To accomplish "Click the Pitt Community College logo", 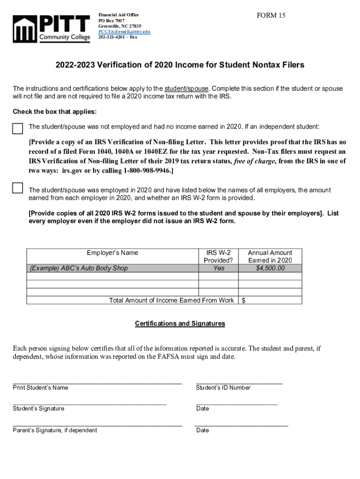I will pyautogui.click(x=51, y=29).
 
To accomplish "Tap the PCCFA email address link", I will pyautogui.click(x=124, y=32).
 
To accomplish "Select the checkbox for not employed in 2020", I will pyautogui.click(x=18, y=129).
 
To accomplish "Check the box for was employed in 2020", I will pyautogui.click(x=18, y=188).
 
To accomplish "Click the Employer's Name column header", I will pyautogui.click(x=113, y=253).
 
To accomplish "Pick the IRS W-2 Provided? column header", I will pyautogui.click(x=218, y=256).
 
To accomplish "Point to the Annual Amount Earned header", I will pyautogui.click(x=270, y=256).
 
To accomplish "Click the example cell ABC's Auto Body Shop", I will pyautogui.click(x=79, y=268).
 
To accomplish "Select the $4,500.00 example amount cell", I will pyautogui.click(x=270, y=268).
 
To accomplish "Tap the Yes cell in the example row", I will pyautogui.click(x=218, y=268).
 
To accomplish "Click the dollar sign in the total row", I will pyautogui.click(x=243, y=300).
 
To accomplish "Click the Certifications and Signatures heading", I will pyautogui.click(x=180, y=323).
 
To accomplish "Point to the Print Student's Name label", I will pyautogui.click(x=40, y=387).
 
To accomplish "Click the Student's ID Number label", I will pyautogui.click(x=223, y=387).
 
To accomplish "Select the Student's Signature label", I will pyautogui.click(x=38, y=408).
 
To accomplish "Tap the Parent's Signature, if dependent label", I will pyautogui.click(x=55, y=430).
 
